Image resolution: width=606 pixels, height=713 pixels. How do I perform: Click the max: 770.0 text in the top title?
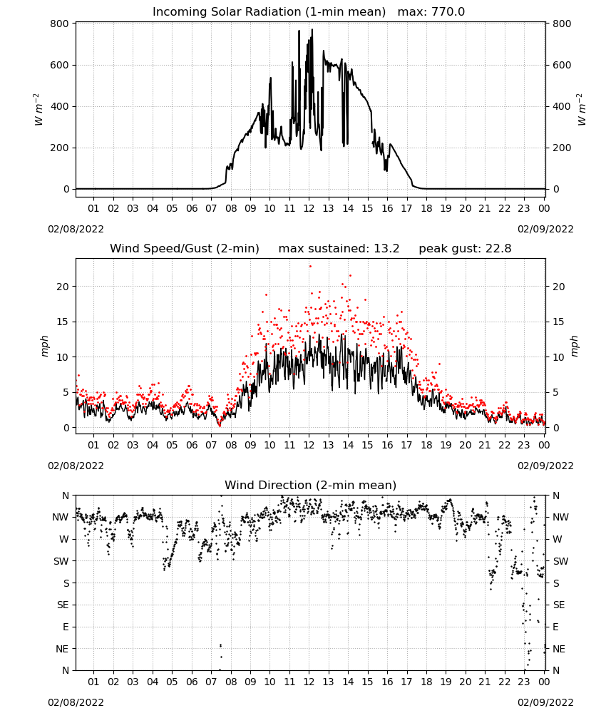pos(431,11)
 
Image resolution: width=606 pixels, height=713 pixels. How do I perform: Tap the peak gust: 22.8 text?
pos(465,248)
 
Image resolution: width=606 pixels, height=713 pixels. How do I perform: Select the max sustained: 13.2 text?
pos(339,248)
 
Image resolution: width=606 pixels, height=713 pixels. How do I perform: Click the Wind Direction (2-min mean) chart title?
pos(311,485)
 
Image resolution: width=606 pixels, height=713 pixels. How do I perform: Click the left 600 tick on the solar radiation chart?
pos(60,65)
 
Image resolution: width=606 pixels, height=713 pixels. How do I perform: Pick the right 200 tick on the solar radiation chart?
pos(562,148)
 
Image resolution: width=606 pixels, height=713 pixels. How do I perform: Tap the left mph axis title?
pos(44,346)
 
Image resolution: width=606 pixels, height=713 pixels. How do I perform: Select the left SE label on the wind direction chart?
pos(63,605)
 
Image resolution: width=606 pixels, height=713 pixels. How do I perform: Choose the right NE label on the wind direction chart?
pos(559,649)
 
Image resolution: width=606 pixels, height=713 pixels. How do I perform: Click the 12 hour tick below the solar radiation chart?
pos(309,208)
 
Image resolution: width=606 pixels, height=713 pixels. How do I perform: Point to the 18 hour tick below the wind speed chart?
pos(426,445)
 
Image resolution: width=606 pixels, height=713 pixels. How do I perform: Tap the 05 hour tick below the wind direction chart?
pos(171,682)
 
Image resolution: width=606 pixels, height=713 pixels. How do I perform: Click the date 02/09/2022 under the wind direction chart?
pos(545,702)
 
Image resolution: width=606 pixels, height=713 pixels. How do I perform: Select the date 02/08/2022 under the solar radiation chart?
pos(76,229)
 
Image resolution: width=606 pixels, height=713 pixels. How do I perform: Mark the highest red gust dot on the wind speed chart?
pos(311,267)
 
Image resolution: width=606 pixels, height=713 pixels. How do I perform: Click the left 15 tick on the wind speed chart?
pos(63,322)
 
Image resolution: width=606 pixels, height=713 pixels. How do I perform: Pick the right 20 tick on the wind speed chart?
pos(559,287)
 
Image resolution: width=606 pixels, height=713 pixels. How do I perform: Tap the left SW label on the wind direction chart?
pos(61,561)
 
